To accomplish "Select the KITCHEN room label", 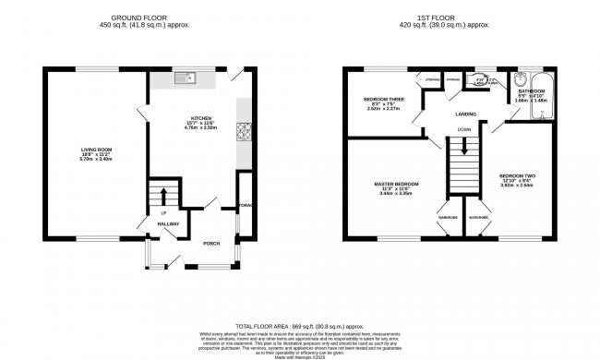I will click(202, 118).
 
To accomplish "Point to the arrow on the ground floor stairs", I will click(166, 195).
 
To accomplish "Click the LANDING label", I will click(464, 114).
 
